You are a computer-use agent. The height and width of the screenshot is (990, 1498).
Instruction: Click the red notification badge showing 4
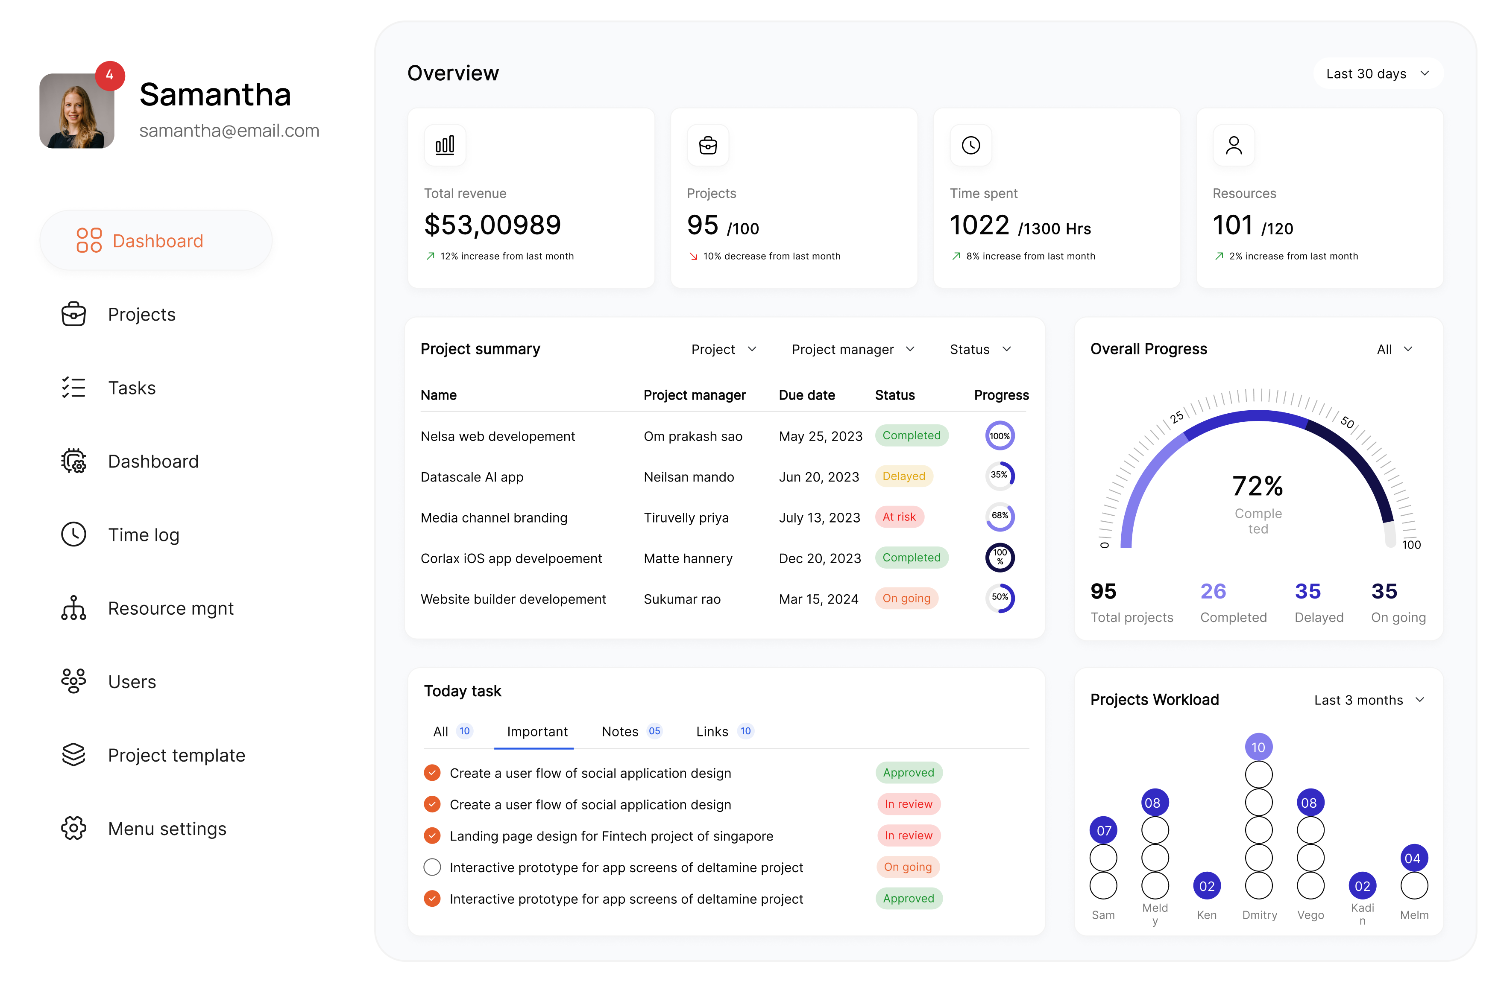click(x=110, y=75)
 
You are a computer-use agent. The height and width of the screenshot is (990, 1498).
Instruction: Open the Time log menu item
click(x=144, y=535)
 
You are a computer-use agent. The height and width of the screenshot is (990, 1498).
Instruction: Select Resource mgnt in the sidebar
click(x=170, y=608)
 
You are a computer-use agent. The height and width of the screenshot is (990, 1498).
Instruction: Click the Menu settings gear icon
click(x=73, y=828)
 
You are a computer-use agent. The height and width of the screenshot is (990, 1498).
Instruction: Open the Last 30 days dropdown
click(x=1377, y=74)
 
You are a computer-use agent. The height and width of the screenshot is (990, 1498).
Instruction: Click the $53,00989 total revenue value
click(x=492, y=225)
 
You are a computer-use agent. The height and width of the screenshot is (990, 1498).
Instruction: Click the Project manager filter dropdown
click(x=853, y=349)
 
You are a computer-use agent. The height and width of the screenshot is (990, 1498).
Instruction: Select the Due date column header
click(x=806, y=395)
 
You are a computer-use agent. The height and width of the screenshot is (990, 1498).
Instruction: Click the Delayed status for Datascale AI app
click(x=903, y=476)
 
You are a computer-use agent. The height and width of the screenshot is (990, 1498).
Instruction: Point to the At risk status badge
click(x=899, y=517)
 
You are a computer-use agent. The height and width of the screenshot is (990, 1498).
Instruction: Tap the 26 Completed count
click(x=1213, y=592)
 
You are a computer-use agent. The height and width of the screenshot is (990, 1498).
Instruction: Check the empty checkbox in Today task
click(x=432, y=867)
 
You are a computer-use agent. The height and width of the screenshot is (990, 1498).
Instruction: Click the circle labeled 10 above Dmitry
click(x=1258, y=748)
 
